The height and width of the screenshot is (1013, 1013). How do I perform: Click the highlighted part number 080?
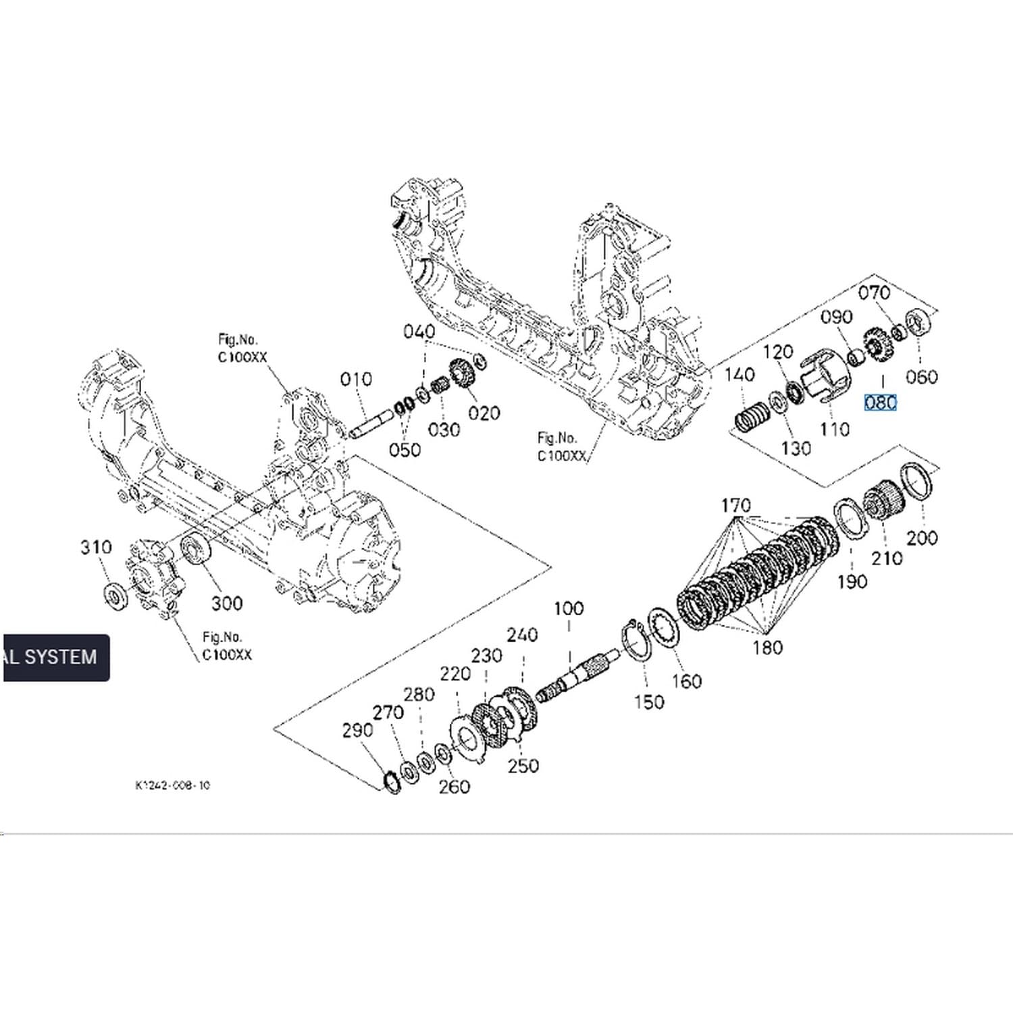[x=881, y=402]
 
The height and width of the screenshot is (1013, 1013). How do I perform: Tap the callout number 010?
[x=356, y=380]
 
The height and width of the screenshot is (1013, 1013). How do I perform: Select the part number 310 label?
[x=96, y=547]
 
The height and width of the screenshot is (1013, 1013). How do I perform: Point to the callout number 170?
[x=735, y=505]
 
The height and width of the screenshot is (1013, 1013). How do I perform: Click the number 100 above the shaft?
[x=569, y=608]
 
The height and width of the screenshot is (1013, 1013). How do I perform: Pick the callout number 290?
[x=357, y=730]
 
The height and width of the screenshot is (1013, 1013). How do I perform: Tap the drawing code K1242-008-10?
[x=172, y=785]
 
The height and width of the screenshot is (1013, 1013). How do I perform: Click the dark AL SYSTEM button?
[x=55, y=657]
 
